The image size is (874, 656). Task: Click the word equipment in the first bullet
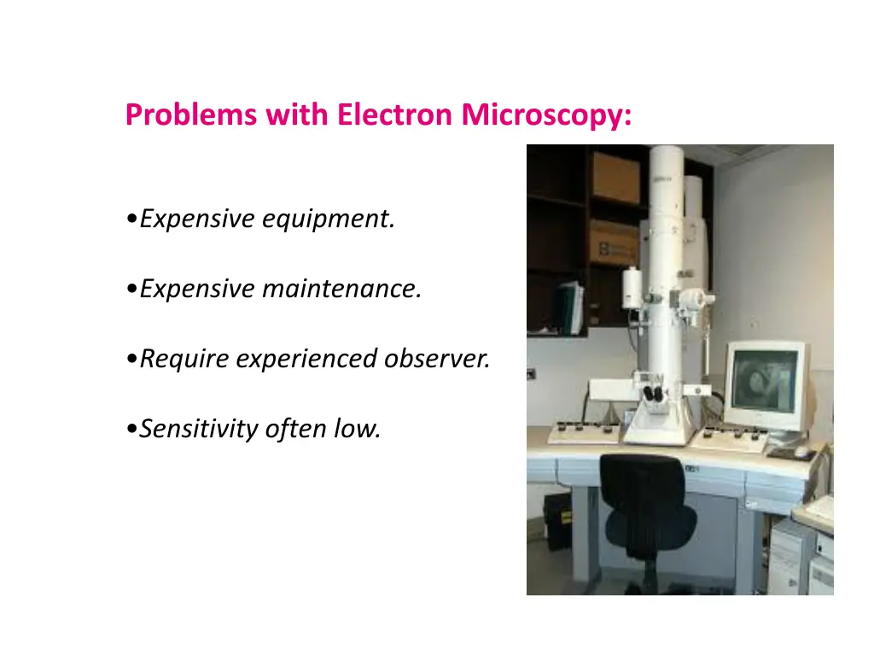[328, 220]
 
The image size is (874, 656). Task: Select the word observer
[437, 359]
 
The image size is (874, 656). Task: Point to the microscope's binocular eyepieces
[655, 394]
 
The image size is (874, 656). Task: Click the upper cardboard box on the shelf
[615, 177]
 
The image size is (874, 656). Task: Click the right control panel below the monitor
[730, 436]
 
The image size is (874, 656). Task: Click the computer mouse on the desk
[801, 451]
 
